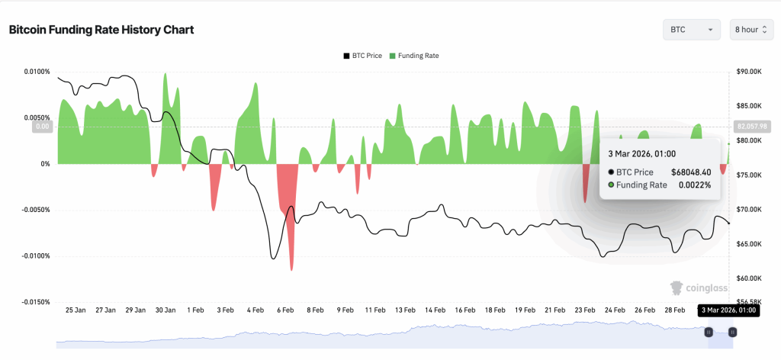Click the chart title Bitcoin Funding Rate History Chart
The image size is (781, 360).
pos(101,30)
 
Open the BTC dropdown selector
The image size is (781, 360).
pos(691,30)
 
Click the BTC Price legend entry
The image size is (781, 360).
pos(362,56)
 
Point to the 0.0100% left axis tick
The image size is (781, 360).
pos(34,72)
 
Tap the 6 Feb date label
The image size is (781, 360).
pos(285,310)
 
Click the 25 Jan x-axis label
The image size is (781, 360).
pos(76,310)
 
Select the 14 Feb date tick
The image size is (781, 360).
pos(435,310)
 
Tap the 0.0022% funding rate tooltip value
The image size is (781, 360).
pos(695,185)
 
